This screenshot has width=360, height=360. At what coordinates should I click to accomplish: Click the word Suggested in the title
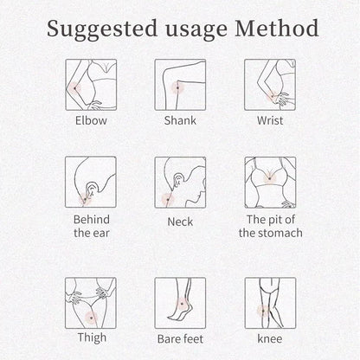point(102,29)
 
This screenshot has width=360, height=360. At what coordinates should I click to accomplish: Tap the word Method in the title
point(277,28)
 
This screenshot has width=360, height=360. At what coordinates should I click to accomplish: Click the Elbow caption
point(91,120)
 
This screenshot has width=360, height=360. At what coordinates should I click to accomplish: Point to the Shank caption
point(180,120)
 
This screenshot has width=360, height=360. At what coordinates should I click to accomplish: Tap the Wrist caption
point(270,120)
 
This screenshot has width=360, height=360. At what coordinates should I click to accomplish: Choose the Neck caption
point(180,222)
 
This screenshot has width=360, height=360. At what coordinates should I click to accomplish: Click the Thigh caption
point(92,337)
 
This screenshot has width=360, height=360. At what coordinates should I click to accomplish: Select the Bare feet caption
point(180,339)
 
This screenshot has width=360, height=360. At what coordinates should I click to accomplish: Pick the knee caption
point(270,338)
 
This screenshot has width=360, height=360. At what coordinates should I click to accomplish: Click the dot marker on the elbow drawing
point(75,88)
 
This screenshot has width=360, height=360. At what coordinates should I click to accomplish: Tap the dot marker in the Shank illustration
point(177,87)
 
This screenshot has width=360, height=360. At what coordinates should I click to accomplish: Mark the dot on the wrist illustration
point(272,96)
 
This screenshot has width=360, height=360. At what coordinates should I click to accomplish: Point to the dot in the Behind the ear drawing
point(85,199)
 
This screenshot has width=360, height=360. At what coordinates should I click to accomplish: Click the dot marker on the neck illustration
point(168,199)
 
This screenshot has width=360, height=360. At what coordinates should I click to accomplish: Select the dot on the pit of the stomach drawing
point(269,178)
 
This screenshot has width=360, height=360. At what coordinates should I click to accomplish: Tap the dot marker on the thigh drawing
point(92,318)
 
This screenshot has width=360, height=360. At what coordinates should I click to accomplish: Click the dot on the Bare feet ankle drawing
point(182,304)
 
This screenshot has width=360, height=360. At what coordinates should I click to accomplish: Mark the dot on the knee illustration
point(263,311)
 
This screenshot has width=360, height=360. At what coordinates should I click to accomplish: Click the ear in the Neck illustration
point(178,179)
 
